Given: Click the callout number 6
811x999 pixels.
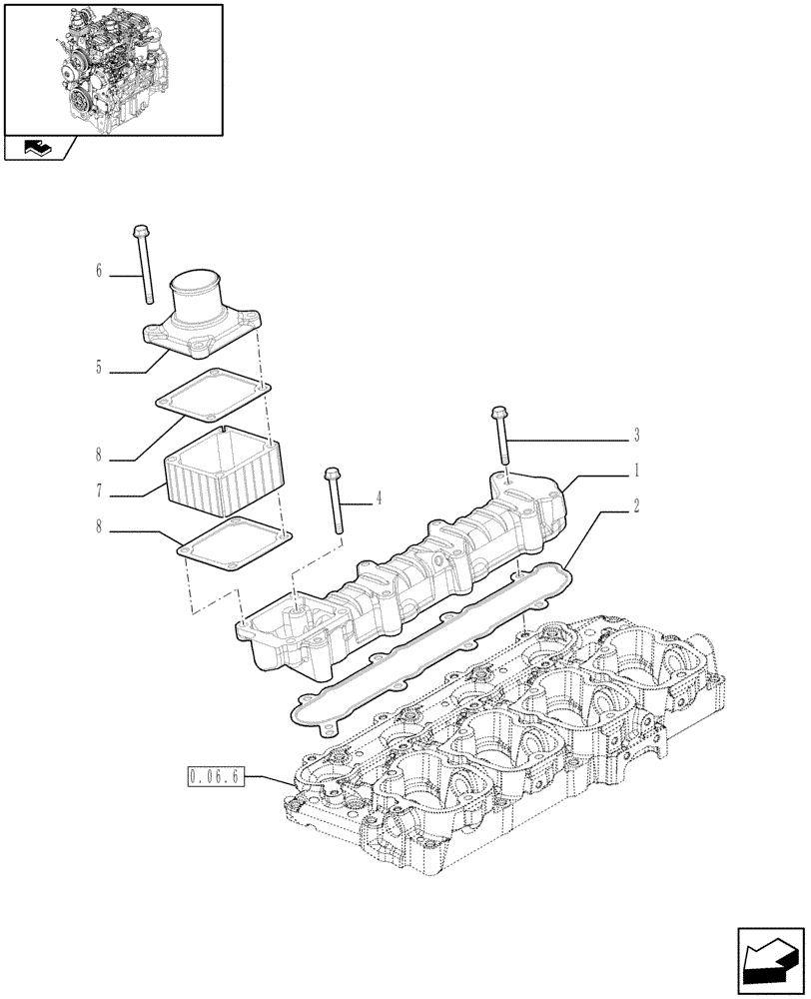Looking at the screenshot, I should tap(99, 271).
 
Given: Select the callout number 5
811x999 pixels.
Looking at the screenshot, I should tap(99, 368).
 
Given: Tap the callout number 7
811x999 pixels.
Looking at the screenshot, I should tap(99, 493).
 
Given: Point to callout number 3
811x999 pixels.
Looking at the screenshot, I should tap(636, 436).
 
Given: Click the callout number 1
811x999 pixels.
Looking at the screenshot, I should tap(636, 470).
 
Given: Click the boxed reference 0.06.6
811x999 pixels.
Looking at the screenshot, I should tap(216, 776).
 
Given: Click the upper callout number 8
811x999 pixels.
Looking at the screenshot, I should tap(99, 455).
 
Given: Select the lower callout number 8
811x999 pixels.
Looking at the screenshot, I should tap(99, 526).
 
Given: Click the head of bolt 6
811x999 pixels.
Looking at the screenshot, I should tap(139, 231).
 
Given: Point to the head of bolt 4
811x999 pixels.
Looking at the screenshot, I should tap(331, 474).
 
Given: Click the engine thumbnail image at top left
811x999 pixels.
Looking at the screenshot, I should tap(113, 68).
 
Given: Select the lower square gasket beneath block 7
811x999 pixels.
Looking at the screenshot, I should tap(234, 544).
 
